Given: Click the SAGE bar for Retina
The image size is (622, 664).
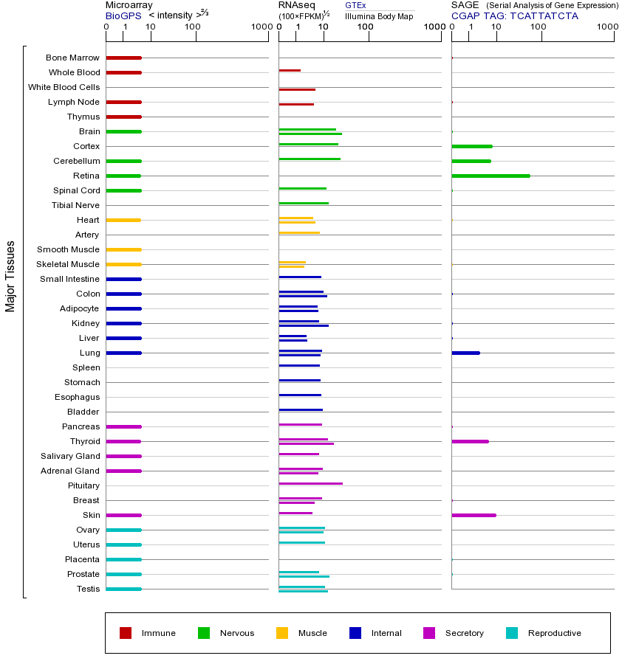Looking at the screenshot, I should pyautogui.click(x=491, y=176).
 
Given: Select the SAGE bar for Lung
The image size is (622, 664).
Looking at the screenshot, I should pyautogui.click(x=465, y=353).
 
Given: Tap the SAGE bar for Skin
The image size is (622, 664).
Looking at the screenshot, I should pyautogui.click(x=474, y=515).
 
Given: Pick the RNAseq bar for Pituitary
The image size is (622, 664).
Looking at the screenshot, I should pyautogui.click(x=310, y=483).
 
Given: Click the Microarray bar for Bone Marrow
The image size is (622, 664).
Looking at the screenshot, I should pyautogui.click(x=123, y=58).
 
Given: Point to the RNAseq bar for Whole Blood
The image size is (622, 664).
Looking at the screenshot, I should pyautogui.click(x=290, y=70).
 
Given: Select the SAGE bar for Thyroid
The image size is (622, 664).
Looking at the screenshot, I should pyautogui.click(x=470, y=441).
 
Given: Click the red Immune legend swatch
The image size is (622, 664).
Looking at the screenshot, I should pyautogui.click(x=126, y=632).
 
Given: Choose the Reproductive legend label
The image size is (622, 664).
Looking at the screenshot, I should pyautogui.click(x=554, y=633).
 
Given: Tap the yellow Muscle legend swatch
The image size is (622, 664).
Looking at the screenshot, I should pyautogui.click(x=282, y=632).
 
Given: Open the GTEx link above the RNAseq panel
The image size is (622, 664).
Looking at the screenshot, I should pyautogui.click(x=355, y=5).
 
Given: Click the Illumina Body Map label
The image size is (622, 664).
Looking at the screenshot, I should pyautogui.click(x=379, y=15).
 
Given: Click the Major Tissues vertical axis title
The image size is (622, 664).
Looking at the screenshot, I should pyautogui.click(x=10, y=276).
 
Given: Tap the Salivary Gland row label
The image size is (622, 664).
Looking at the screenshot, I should pyautogui.click(x=70, y=456).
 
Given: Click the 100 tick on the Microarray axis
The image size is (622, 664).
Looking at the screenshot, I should pyautogui.click(x=193, y=27).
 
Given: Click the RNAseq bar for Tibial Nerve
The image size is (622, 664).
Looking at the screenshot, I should pyautogui.click(x=304, y=203).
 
